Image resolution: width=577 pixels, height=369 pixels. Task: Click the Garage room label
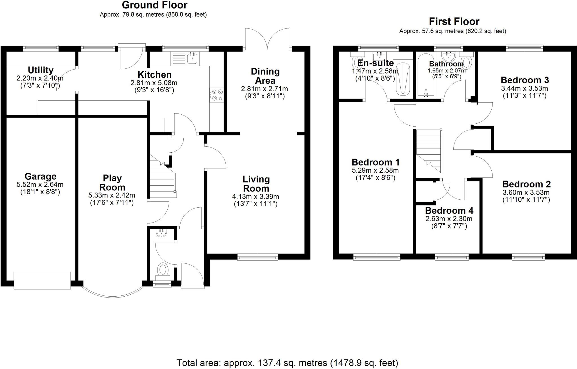(x=41, y=176)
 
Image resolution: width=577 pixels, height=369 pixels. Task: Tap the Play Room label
(x=112, y=183)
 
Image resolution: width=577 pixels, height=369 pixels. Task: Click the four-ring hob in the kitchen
(x=217, y=95)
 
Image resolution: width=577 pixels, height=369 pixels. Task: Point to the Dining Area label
(x=265, y=76)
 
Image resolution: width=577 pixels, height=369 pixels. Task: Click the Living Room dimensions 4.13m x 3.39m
(x=256, y=197)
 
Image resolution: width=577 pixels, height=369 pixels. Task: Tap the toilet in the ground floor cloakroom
(x=163, y=270)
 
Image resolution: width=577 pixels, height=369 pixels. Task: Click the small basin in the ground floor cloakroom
(x=161, y=233)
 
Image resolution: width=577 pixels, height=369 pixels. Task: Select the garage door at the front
(x=42, y=280)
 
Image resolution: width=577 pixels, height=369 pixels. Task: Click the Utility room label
(x=41, y=70)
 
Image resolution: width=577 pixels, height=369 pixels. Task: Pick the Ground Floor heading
(x=155, y=5)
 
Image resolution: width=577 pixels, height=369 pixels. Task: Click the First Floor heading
(x=454, y=21)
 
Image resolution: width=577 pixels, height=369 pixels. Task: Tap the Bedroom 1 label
(x=375, y=162)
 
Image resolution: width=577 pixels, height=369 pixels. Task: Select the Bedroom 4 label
(x=449, y=210)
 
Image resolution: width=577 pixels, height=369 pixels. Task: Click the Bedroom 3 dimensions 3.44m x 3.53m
(x=524, y=88)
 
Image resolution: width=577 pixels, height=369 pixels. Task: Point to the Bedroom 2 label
(x=526, y=184)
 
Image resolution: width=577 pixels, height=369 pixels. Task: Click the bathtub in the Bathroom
(x=426, y=76)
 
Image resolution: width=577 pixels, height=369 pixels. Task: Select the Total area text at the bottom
(x=287, y=363)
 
